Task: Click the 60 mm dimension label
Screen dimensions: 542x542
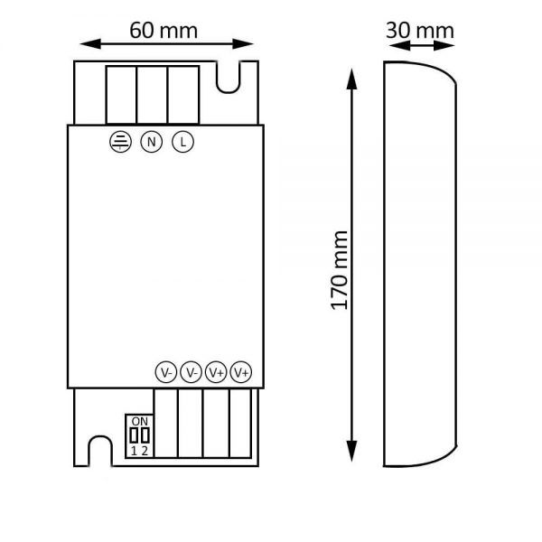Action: pos(164,31)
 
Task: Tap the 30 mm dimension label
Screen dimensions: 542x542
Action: pos(420,31)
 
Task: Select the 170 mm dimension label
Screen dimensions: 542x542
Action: pos(339,270)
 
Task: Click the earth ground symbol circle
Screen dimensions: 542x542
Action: pos(120,142)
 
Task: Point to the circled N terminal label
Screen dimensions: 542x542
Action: pos(152,142)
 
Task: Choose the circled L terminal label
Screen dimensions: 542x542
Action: pos(182,142)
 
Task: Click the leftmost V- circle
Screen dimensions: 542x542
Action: pos(166,372)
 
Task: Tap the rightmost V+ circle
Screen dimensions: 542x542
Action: pos(241,372)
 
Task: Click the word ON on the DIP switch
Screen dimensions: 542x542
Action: pos(140,421)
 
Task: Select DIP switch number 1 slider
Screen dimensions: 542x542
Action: pos(134,435)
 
